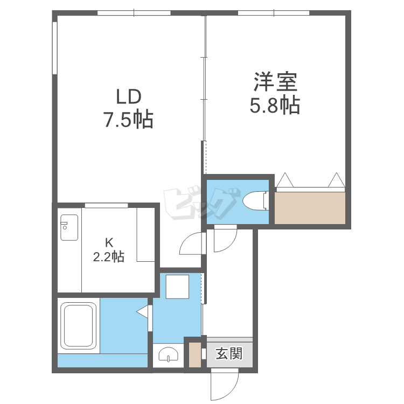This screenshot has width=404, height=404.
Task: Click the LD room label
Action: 129,96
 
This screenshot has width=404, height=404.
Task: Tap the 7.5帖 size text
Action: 128,120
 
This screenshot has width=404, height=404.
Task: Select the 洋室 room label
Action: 275,82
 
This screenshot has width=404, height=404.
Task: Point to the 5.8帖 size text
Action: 275,105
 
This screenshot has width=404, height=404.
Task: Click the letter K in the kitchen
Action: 109,242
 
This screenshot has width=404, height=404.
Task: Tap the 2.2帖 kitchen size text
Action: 108,256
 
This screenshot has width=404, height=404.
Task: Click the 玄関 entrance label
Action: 229,353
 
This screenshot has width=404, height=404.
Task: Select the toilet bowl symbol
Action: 255,200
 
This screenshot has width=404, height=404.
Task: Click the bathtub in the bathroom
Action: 78,326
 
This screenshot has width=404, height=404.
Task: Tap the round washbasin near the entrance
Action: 168,354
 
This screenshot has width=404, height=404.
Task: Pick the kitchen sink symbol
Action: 69,227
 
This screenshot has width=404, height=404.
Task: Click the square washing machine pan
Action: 177,287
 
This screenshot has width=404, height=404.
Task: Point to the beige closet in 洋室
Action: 310,208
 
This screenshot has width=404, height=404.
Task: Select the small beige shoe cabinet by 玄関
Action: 195,354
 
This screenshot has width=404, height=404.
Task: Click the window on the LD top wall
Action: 134,13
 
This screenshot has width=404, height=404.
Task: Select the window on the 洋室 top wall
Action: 274,13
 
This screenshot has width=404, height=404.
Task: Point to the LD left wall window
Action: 54,48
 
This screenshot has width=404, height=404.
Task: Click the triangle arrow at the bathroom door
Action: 142,312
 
